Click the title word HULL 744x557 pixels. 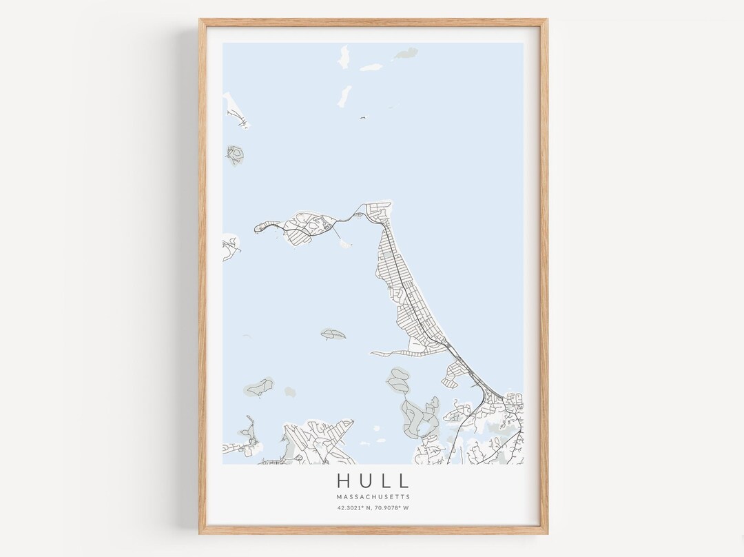pos(373,480)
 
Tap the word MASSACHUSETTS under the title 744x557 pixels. pos(373,496)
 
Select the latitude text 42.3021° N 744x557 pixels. pos(353,508)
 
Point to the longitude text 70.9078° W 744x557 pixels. pos(392,508)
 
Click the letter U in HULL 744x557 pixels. pos(364,480)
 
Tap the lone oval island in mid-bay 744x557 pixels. pos(333,334)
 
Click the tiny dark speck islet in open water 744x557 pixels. pos(361,118)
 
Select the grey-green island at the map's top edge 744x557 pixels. pos(406,52)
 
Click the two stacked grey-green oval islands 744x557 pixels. pos(398,380)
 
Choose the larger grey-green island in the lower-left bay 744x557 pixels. pos(259,387)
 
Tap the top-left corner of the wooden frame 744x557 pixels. pos(201,21)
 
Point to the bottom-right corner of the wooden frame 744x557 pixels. pos(546,532)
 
